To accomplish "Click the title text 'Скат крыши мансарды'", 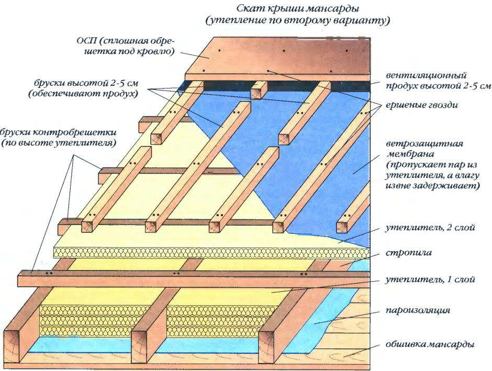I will point(298,9).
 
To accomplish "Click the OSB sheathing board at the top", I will point(283,58).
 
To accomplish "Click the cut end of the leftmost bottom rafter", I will point(14,348).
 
